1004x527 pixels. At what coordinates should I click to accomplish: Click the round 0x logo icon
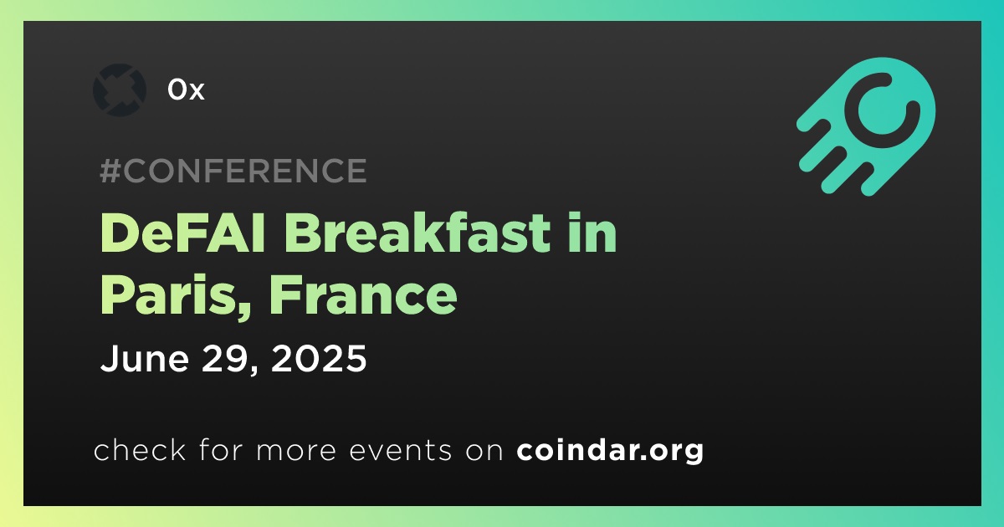(x=119, y=90)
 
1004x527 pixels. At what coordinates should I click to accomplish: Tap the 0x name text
(x=186, y=90)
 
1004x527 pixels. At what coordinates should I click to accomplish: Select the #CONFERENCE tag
(x=233, y=171)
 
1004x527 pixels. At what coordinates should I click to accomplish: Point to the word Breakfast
(x=417, y=233)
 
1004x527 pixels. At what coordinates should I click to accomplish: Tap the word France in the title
(x=363, y=295)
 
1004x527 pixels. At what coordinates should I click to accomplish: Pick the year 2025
(x=319, y=358)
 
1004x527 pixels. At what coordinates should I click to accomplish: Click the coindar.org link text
(x=610, y=450)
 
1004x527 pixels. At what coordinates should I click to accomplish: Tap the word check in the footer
(x=140, y=450)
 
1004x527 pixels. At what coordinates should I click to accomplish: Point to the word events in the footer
(x=400, y=450)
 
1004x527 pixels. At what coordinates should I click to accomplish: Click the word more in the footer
(x=296, y=451)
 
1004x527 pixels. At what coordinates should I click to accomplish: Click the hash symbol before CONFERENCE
(x=110, y=171)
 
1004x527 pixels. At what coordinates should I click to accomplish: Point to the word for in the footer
(x=221, y=450)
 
